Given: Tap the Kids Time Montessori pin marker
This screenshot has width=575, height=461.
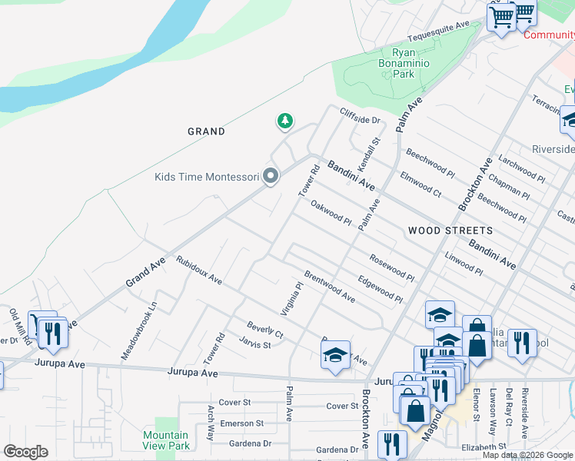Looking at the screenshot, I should (x=270, y=177).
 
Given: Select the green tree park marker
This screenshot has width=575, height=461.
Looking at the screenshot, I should (x=285, y=121).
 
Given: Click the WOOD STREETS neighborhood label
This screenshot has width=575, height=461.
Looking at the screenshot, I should (x=450, y=230).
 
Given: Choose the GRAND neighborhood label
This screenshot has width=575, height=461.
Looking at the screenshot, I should (x=207, y=131).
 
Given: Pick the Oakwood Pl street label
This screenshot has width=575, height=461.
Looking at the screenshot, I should (x=331, y=214).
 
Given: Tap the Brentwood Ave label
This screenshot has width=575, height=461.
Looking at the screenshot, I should (x=329, y=286).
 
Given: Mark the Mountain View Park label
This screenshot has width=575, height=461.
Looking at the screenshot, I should (x=166, y=440).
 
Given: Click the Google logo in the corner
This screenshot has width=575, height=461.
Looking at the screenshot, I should (x=25, y=452).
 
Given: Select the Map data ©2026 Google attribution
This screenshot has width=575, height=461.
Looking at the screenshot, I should (x=527, y=455).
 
